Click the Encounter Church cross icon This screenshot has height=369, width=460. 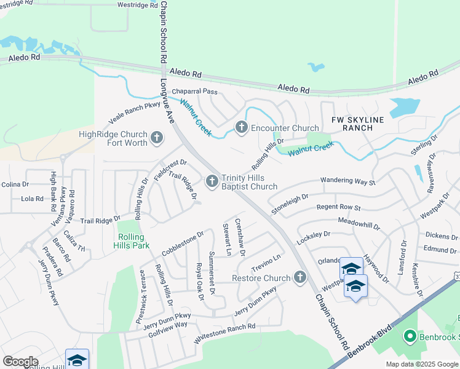point(241,128)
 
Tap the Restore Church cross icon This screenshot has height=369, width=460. point(300,278)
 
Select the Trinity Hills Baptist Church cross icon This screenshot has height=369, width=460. point(212,181)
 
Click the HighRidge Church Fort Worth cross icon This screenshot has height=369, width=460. point(157,137)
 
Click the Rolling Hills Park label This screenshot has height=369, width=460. point(131,240)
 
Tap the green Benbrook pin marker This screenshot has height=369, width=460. point(409,336)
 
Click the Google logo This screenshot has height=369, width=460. point(20,362)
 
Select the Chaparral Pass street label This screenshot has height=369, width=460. point(194,92)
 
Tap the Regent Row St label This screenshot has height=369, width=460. point(338,208)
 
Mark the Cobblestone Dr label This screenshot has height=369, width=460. point(182,244)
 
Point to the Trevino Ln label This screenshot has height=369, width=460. point(266,263)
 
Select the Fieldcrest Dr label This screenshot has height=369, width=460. point(170,170)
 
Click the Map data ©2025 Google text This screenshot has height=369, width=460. point(421,364)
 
